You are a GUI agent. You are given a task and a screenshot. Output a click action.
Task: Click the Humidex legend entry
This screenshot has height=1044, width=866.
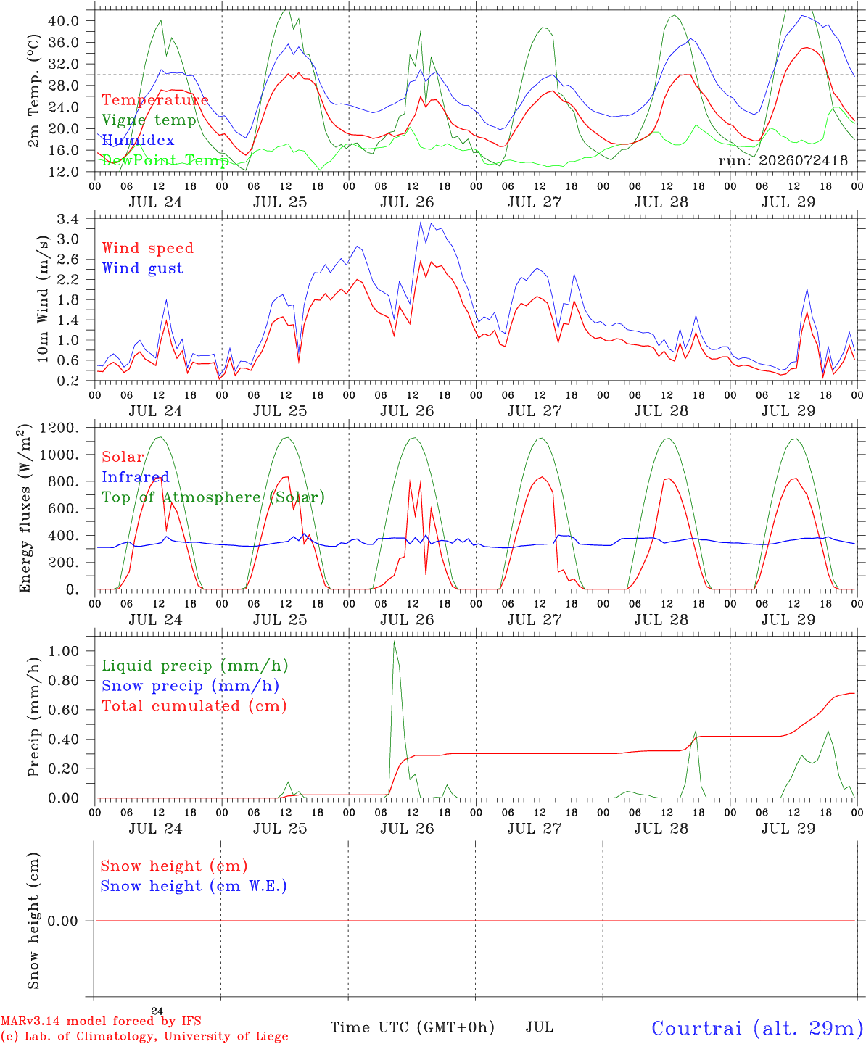(138, 140)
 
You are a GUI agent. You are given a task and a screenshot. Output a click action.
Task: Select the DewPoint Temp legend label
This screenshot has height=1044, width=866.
(165, 160)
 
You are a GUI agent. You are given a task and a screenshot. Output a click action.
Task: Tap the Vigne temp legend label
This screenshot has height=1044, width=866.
(149, 120)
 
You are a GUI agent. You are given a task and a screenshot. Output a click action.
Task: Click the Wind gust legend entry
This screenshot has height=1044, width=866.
(143, 268)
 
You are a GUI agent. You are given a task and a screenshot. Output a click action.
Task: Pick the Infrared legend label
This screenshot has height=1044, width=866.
(136, 477)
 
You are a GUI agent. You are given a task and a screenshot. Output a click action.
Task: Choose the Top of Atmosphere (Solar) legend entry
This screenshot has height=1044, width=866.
(214, 497)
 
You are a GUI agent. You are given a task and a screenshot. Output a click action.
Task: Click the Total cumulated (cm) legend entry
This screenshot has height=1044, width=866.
(194, 706)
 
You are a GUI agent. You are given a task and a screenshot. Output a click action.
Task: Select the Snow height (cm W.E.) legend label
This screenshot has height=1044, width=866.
(194, 886)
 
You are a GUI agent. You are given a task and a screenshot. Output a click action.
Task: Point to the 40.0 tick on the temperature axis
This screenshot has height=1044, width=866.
(64, 21)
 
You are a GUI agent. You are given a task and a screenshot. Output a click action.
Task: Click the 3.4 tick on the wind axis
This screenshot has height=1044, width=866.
(68, 219)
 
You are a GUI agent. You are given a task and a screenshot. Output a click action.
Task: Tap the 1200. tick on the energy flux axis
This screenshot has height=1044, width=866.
(59, 428)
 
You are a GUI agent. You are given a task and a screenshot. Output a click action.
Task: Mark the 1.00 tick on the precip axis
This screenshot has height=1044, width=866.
(64, 651)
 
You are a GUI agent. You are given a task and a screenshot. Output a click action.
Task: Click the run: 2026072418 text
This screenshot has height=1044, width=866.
(783, 160)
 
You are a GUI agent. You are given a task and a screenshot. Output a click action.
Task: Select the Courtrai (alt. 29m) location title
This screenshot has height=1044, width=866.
(758, 1028)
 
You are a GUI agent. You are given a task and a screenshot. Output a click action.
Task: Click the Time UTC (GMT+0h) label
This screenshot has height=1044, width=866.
(412, 1027)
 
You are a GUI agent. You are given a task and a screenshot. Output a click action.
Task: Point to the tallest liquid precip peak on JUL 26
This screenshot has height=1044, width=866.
(395, 642)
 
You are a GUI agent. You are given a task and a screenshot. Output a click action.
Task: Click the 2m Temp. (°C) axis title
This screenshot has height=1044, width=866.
(33, 91)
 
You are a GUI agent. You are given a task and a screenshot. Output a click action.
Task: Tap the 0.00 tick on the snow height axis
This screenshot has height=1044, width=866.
(64, 921)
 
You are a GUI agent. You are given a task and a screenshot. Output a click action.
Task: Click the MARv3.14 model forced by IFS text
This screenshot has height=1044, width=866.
(101, 1021)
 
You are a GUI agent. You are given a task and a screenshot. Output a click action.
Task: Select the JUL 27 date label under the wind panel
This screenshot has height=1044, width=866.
(535, 411)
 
